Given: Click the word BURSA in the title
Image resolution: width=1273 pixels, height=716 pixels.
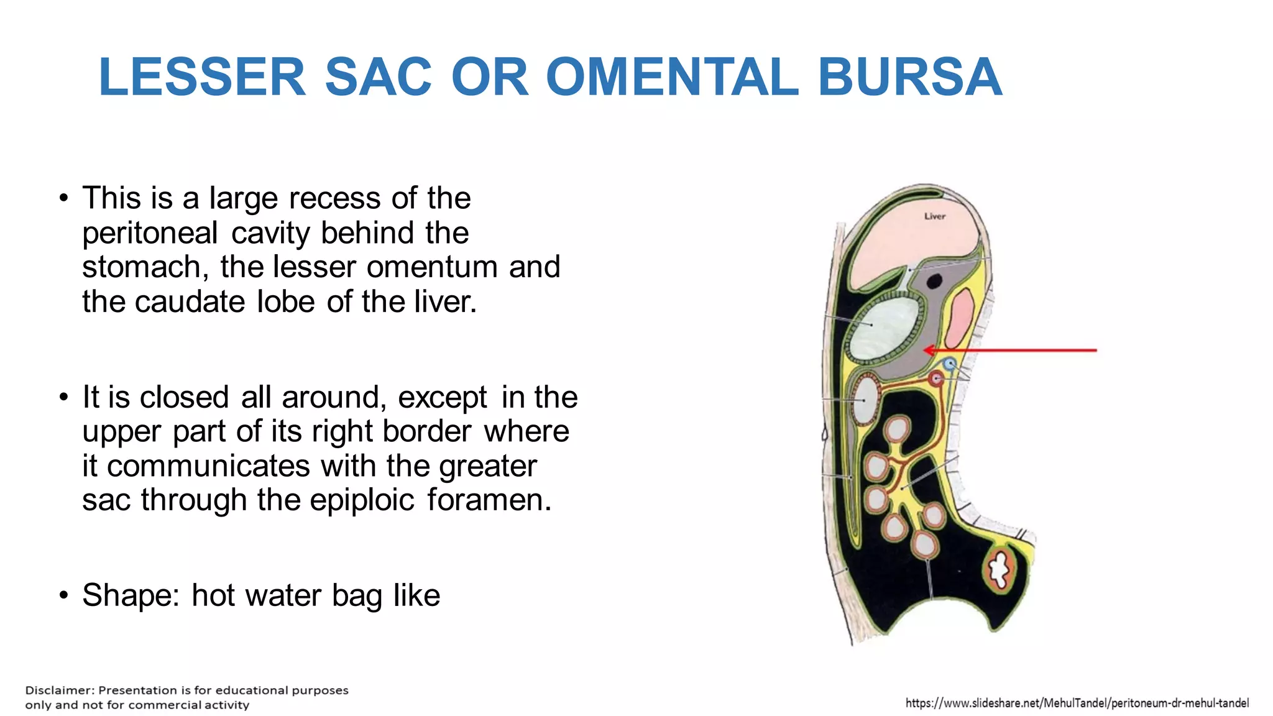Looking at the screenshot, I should point(909,77).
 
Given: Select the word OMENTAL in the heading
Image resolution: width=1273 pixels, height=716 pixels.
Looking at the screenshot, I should point(672,77).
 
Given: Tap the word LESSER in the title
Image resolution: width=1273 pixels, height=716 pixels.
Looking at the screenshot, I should point(202,77).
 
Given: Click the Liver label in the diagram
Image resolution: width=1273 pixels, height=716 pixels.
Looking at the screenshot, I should point(934,216).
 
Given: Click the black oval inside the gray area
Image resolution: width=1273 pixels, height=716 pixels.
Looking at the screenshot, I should point(934,282).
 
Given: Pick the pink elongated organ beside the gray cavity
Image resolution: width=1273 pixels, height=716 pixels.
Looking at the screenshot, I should point(959,318).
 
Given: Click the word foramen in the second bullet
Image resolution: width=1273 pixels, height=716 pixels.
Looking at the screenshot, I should point(489,500).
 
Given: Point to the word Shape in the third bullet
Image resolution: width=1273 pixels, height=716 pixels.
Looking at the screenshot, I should point(131,595).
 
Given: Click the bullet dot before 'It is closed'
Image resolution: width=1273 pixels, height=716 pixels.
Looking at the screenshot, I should point(64,397).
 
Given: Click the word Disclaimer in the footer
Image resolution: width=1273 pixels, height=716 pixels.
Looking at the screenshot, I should point(59,691).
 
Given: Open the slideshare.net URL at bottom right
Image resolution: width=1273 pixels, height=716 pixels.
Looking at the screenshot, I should point(1077,703).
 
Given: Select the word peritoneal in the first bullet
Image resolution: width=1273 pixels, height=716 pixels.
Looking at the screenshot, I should point(150,234).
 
